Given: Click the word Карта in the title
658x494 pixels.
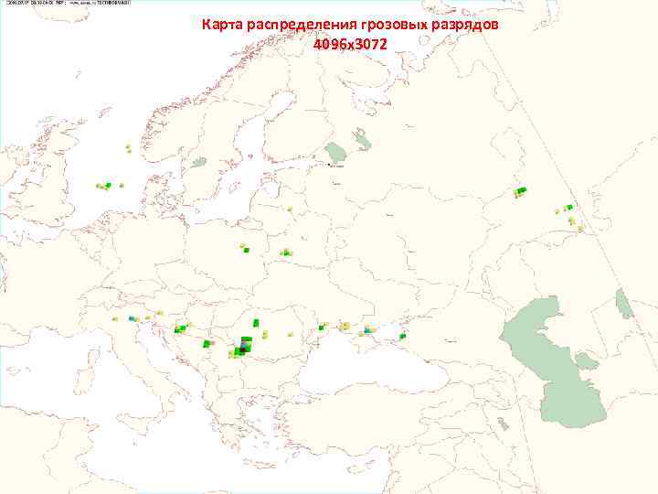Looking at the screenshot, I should (x=222, y=26).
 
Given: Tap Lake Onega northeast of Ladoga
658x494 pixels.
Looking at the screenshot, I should (x=363, y=139).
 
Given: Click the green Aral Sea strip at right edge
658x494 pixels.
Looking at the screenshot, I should (x=624, y=303).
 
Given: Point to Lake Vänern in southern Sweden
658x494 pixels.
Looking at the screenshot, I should (x=199, y=162).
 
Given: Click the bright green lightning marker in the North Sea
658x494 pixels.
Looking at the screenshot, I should (x=108, y=186).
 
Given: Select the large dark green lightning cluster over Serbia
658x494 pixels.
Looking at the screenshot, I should (x=243, y=347).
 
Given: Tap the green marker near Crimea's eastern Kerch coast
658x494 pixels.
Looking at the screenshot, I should (x=402, y=337).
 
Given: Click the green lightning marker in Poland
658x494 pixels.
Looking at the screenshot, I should (x=245, y=248).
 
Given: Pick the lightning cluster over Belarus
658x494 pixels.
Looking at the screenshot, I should (x=286, y=252).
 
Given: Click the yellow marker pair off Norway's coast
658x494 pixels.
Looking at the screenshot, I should (x=128, y=147).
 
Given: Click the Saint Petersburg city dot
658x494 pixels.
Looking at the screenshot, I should (x=330, y=166).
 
